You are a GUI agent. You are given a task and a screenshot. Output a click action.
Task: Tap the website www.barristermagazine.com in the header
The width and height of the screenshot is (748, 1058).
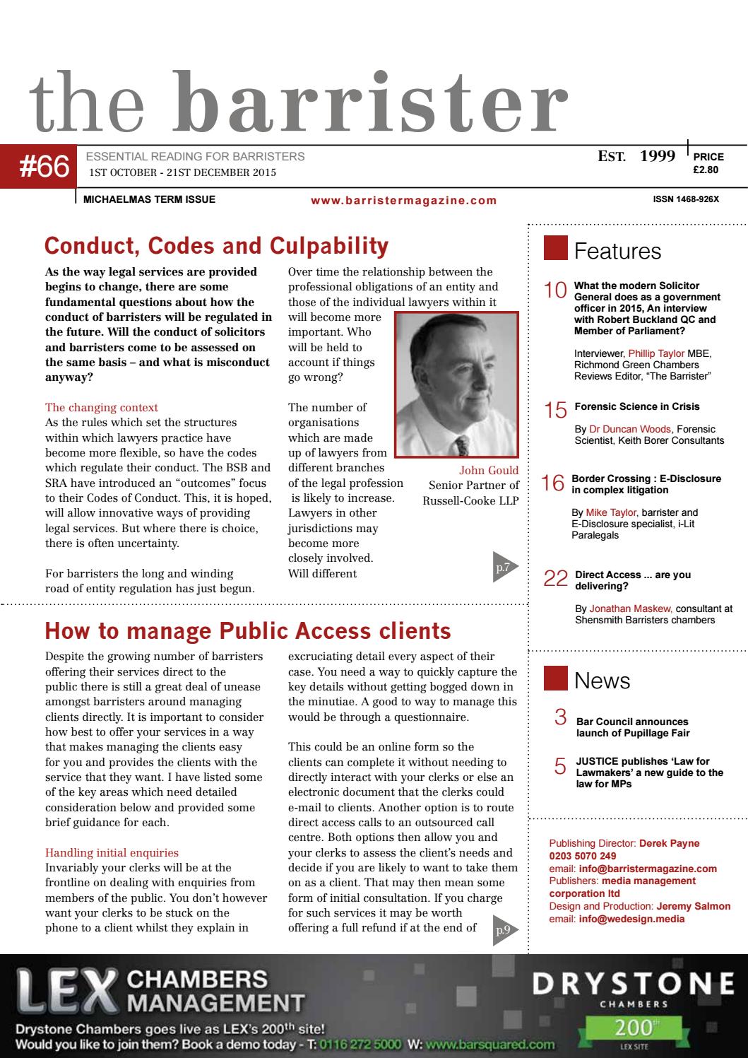pyautogui.click(x=403, y=201)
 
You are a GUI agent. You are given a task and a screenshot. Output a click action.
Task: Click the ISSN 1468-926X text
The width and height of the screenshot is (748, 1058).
pyautogui.click(x=686, y=199)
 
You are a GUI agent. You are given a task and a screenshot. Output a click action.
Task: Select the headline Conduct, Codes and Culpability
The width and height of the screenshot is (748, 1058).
pyautogui.click(x=216, y=246)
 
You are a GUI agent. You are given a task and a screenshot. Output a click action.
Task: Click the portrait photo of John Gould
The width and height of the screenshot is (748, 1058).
pyautogui.click(x=457, y=384)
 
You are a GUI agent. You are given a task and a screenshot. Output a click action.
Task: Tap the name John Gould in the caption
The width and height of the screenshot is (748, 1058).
pyautogui.click(x=489, y=470)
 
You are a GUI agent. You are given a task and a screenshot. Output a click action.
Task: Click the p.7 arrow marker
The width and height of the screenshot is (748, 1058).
pyautogui.click(x=506, y=565)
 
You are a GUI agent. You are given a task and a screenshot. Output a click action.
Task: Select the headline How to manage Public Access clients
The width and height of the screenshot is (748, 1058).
pyautogui.click(x=247, y=630)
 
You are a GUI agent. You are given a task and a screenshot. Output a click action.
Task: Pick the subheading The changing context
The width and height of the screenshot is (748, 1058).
pyautogui.click(x=102, y=408)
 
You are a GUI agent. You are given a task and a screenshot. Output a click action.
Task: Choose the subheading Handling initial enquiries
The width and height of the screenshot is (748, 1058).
pyautogui.click(x=112, y=852)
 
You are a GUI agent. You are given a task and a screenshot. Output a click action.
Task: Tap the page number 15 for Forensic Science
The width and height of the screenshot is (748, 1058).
pyautogui.click(x=556, y=410)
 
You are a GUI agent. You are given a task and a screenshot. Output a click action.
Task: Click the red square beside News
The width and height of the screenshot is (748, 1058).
pyautogui.click(x=555, y=679)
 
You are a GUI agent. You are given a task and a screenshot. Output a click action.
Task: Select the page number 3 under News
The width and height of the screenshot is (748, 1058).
pyautogui.click(x=561, y=719)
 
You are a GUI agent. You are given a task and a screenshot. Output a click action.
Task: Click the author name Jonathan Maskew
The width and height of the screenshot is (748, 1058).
pyautogui.click(x=631, y=608)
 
